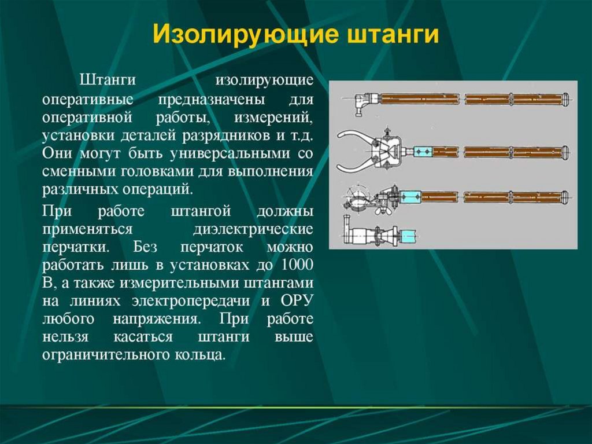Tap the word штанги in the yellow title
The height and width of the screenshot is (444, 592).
coord(393,34)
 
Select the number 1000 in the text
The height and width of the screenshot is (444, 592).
coord(297,266)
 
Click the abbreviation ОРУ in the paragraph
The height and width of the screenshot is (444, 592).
coord(297,302)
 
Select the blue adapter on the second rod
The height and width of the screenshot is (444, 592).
coord(422,152)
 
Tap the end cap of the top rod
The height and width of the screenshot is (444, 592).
coord(565,99)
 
